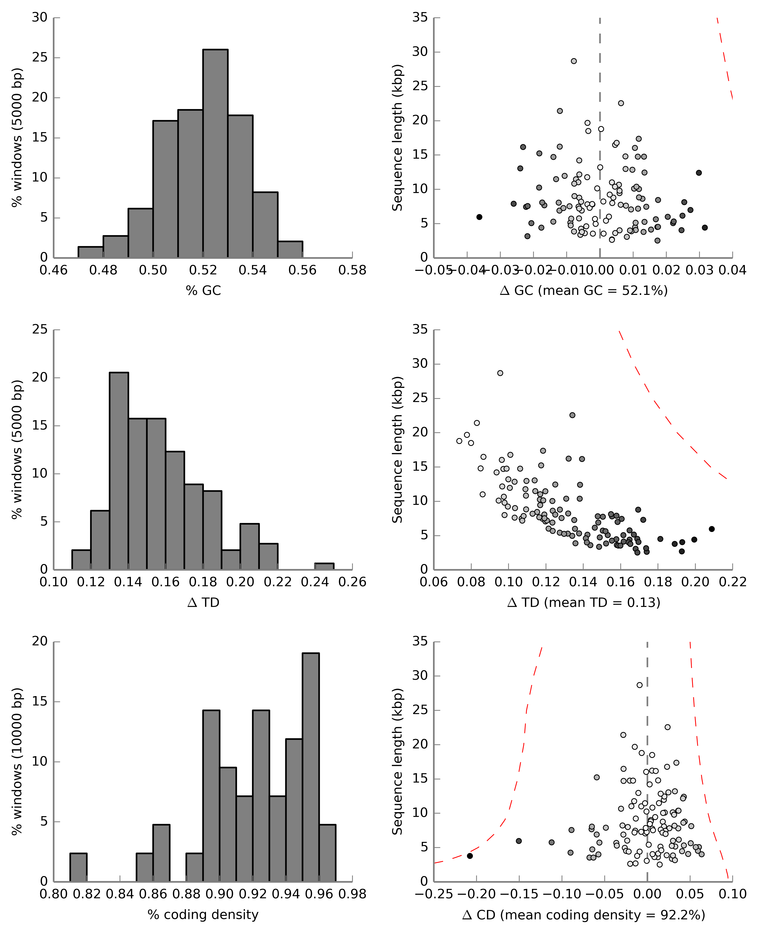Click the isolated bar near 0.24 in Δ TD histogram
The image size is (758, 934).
click(x=324, y=567)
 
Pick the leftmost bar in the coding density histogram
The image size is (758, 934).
click(x=79, y=867)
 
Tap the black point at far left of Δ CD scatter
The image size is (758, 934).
click(x=470, y=856)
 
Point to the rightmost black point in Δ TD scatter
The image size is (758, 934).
click(x=712, y=529)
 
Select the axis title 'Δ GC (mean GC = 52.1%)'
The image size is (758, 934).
click(x=584, y=291)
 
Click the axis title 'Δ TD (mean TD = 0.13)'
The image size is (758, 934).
click(x=584, y=602)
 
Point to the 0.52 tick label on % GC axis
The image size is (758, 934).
click(x=203, y=270)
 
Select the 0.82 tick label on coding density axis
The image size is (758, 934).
click(x=87, y=894)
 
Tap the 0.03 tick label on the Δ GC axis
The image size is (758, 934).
click(x=699, y=270)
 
